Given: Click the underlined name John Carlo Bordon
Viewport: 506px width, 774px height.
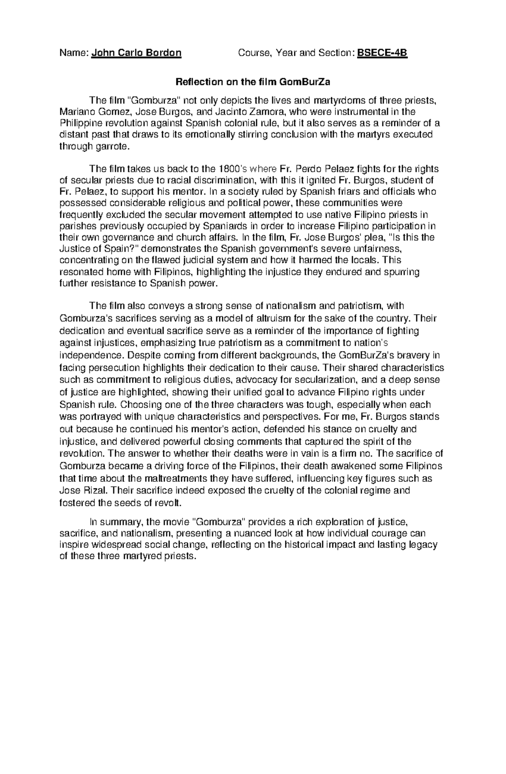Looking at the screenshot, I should tap(137, 53).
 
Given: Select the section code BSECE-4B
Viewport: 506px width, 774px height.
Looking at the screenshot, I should tap(382, 53).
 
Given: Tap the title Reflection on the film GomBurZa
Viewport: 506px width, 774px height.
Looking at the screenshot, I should tap(253, 82).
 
